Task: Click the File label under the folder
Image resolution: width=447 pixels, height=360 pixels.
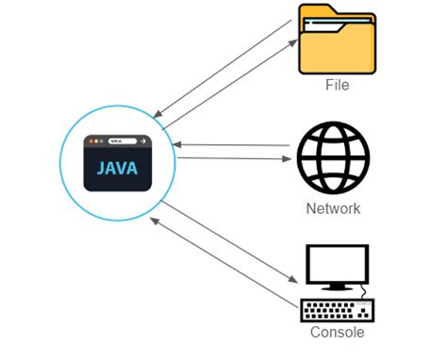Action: pyautogui.click(x=337, y=85)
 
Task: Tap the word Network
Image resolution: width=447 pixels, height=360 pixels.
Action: pyautogui.click(x=334, y=208)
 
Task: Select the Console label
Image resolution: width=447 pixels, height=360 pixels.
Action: pyautogui.click(x=337, y=333)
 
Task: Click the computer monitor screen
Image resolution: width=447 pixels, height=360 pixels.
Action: pyautogui.click(x=337, y=266)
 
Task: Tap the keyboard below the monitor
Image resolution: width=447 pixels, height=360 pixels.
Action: pyautogui.click(x=337, y=310)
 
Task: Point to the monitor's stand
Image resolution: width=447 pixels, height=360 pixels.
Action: pyautogui.click(x=337, y=286)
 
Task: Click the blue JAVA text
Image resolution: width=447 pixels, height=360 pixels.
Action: pyautogui.click(x=116, y=169)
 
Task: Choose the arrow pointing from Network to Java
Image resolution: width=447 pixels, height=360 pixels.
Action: pyautogui.click(x=231, y=145)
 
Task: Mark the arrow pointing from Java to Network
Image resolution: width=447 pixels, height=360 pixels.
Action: pyautogui.click(x=231, y=159)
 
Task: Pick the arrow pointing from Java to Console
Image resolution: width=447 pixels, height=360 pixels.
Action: pyautogui.click(x=226, y=240)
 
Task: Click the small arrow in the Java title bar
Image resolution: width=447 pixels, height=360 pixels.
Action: pyautogui.click(x=142, y=141)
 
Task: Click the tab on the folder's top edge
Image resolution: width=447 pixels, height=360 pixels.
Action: pyautogui.click(x=316, y=11)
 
